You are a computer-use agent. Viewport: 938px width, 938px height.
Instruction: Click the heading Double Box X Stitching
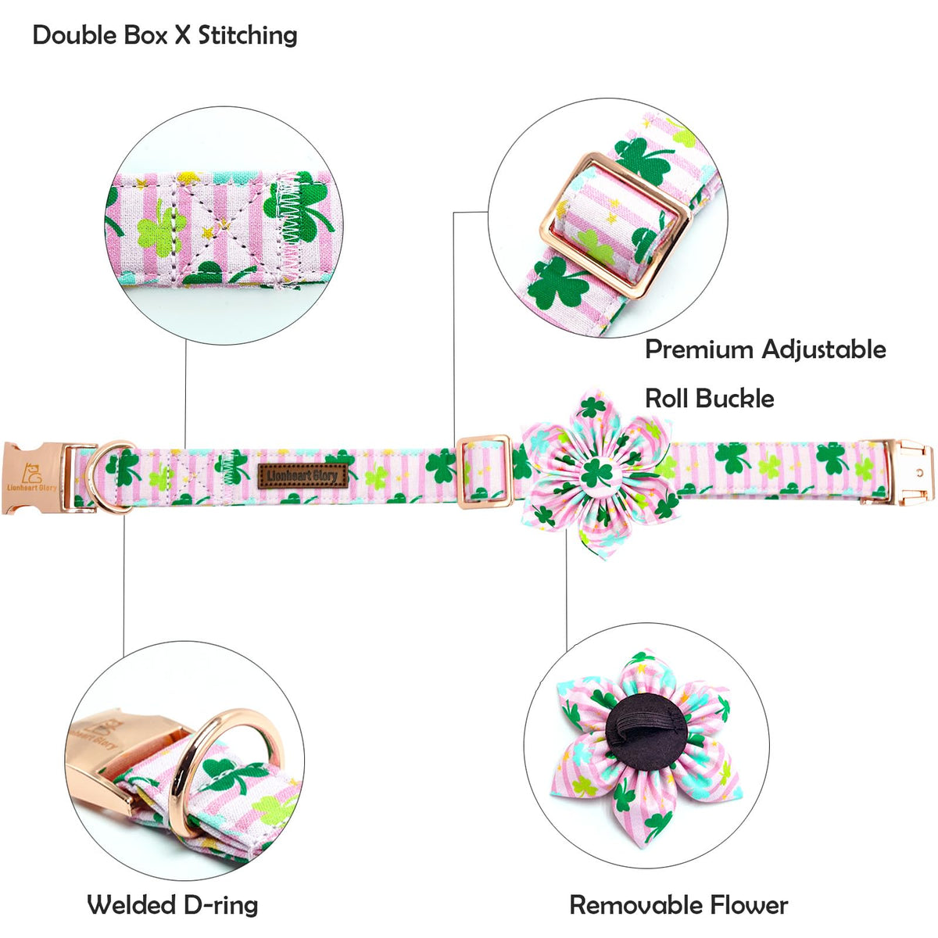pyautogui.click(x=165, y=35)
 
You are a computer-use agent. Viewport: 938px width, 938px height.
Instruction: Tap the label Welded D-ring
pyautogui.click(x=172, y=904)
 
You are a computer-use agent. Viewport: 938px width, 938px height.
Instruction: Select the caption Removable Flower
pyautogui.click(x=678, y=904)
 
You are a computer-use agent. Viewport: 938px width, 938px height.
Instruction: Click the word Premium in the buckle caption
pyautogui.click(x=699, y=349)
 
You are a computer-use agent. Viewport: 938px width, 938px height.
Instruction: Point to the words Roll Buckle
pyautogui.click(x=709, y=399)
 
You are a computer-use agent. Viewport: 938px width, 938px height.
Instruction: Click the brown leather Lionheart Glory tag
pyautogui.click(x=303, y=475)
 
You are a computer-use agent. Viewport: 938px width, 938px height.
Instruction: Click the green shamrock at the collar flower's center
pyautogui.click(x=596, y=473)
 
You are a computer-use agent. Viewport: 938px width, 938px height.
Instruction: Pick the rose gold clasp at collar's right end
pyautogui.click(x=910, y=471)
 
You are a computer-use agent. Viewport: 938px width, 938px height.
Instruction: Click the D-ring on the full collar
pyautogui.click(x=108, y=477)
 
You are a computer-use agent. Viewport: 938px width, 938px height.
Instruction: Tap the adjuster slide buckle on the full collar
pyautogui.click(x=484, y=472)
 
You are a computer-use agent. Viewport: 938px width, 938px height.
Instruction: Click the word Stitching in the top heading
pyautogui.click(x=248, y=35)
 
